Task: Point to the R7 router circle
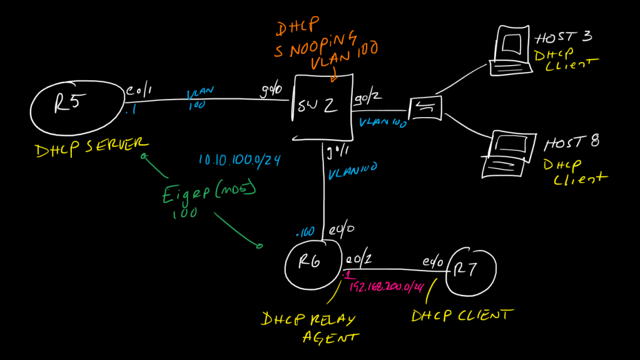click(x=473, y=270)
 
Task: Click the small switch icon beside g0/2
click(x=425, y=108)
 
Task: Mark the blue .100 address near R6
click(x=307, y=232)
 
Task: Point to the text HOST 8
click(x=571, y=143)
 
